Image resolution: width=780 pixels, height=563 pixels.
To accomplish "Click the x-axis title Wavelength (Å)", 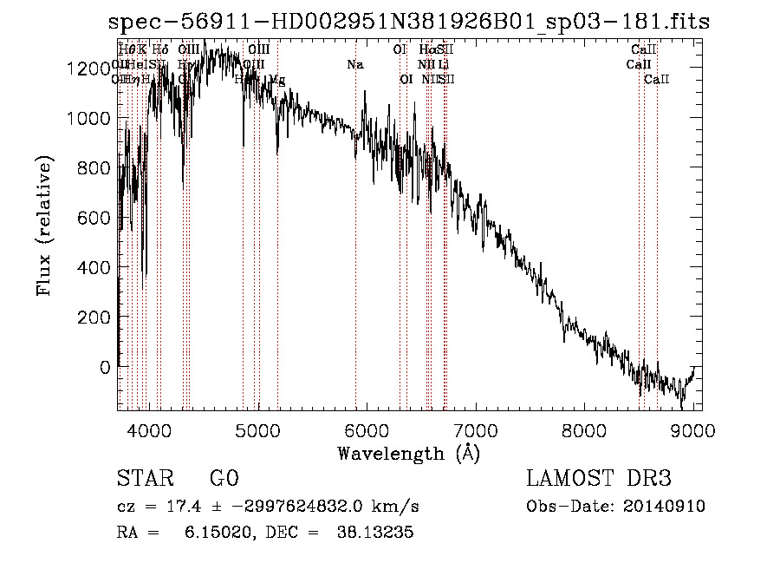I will [408, 453].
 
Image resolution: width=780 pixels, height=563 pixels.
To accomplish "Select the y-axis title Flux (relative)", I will [45, 226].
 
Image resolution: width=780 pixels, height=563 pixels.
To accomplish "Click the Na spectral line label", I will [354, 64].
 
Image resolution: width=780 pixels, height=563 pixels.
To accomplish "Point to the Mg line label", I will [276, 79].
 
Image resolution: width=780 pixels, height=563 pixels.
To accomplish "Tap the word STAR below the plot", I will [144, 479].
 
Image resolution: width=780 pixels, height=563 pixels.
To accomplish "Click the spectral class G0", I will [224, 479].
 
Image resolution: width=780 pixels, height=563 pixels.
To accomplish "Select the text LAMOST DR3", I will [599, 479].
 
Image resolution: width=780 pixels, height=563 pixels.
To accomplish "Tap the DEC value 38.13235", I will [374, 534].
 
